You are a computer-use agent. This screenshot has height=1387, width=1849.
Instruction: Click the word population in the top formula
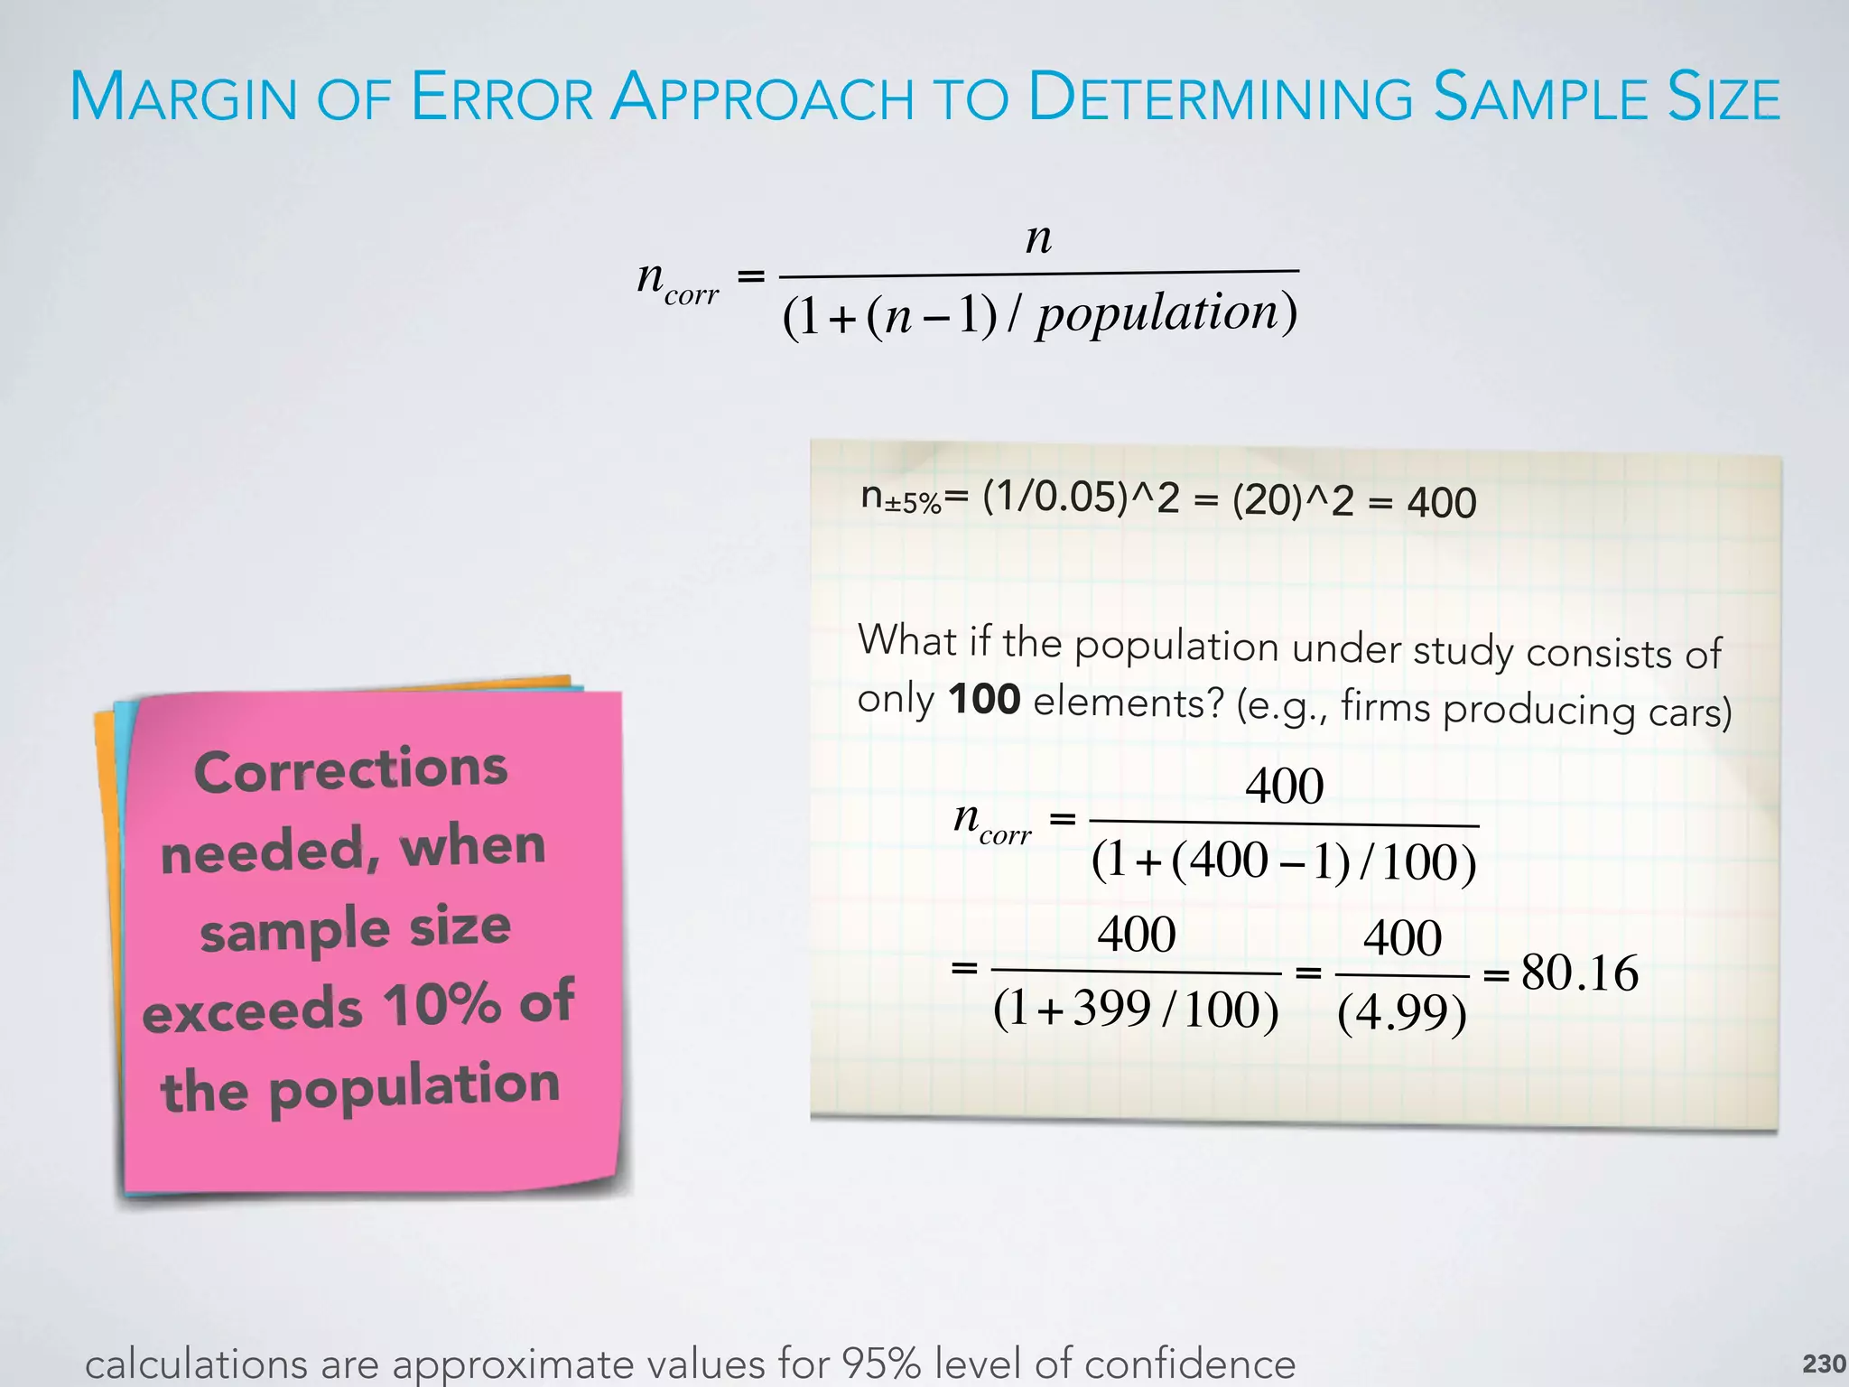1159,313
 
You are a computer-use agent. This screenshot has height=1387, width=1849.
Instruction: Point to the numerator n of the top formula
1039,237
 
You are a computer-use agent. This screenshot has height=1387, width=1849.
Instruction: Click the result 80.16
1579,973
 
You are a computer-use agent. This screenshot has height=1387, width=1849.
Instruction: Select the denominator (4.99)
1401,1013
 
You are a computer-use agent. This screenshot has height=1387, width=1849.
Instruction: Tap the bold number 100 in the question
984,700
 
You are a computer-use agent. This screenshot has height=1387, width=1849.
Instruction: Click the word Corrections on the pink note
350,770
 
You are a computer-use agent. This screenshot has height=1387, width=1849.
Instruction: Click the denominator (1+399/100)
1136,1010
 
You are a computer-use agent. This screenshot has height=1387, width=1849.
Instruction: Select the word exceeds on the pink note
253,1010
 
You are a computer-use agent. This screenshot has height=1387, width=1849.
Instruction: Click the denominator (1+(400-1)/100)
1284,861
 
